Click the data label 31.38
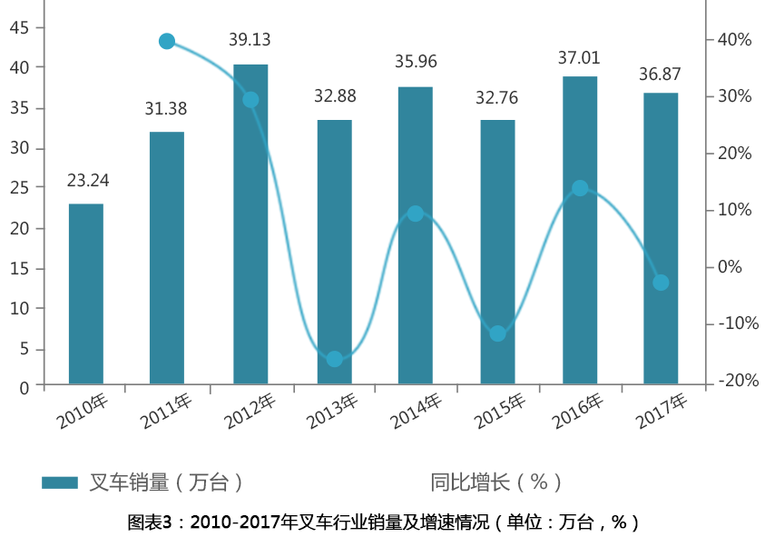tap(166, 109)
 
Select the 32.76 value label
tap(496, 98)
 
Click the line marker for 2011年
tap(167, 41)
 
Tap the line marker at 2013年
tap(334, 359)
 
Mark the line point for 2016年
tap(580, 188)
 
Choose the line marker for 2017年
tap(661, 283)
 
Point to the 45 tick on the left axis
tap(19, 28)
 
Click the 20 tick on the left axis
tap(19, 228)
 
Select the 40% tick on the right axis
tap(734, 40)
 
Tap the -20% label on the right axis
tap(737, 381)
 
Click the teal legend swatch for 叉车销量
tap(60, 482)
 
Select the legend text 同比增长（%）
tap(496, 482)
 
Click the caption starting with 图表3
tap(383, 522)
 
